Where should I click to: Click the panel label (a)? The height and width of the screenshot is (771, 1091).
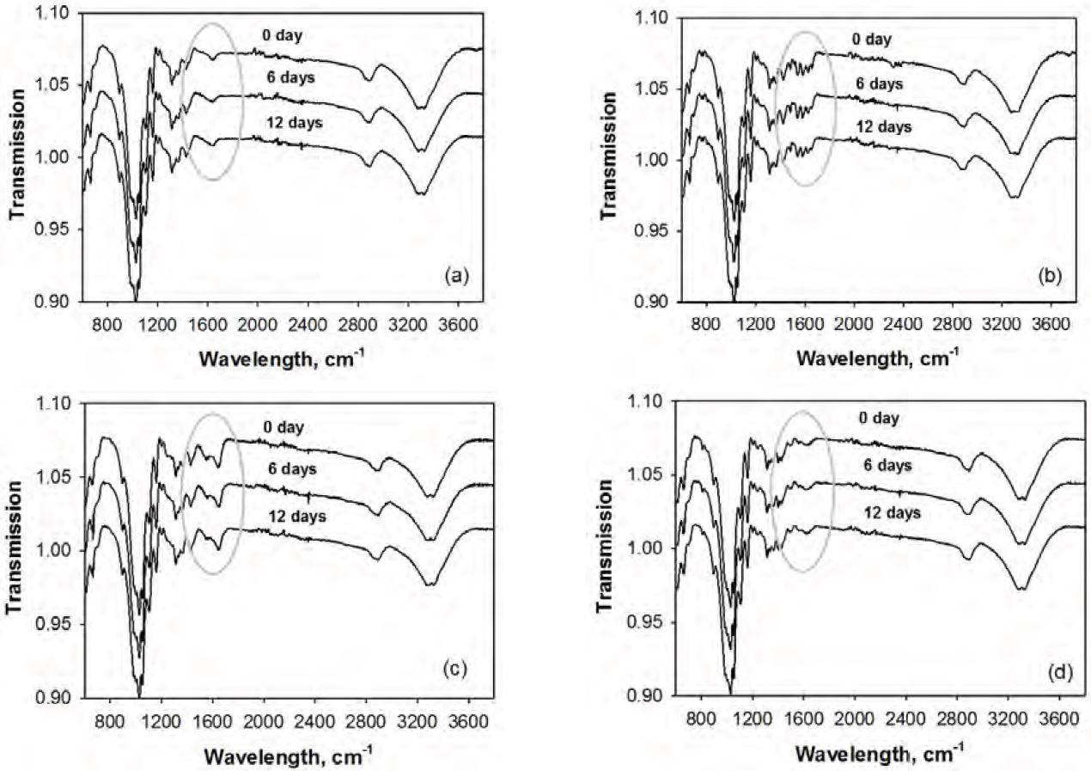pos(455,276)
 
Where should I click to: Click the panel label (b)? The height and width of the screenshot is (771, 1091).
pos(1050,276)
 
